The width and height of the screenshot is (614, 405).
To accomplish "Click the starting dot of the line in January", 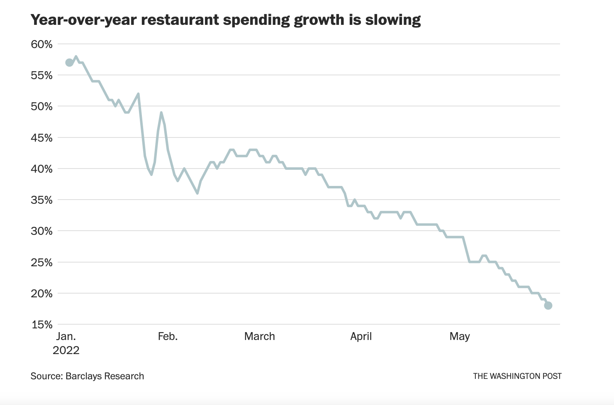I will [x=69, y=63].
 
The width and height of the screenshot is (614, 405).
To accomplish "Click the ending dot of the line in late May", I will [x=548, y=306].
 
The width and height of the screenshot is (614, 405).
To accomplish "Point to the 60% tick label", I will [x=42, y=44].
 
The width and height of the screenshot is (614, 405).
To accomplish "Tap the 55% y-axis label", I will [x=42, y=75].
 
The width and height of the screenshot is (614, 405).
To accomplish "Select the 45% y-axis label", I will [x=42, y=138].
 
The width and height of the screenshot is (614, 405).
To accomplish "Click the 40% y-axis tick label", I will [x=42, y=169].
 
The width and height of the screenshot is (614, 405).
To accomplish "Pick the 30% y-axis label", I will [x=42, y=231].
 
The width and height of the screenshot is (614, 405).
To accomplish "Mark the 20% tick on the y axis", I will [x=42, y=294].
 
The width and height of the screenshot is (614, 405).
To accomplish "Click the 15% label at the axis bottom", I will [x=42, y=325].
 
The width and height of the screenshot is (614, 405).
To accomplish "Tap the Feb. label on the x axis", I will [x=168, y=336].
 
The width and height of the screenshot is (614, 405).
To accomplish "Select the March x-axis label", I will [x=260, y=336].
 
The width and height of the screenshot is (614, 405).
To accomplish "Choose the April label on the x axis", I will [x=361, y=336].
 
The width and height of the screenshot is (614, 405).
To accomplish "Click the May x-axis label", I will [x=460, y=336].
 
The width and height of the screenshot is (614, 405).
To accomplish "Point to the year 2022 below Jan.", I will [x=66, y=350].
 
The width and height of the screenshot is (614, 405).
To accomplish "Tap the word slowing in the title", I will [x=393, y=20].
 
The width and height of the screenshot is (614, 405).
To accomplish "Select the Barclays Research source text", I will [x=105, y=376].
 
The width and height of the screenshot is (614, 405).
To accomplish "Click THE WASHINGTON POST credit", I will [x=517, y=376].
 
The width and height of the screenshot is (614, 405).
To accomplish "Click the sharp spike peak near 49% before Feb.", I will [x=161, y=113].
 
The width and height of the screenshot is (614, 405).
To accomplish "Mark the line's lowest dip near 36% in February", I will [x=197, y=193].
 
